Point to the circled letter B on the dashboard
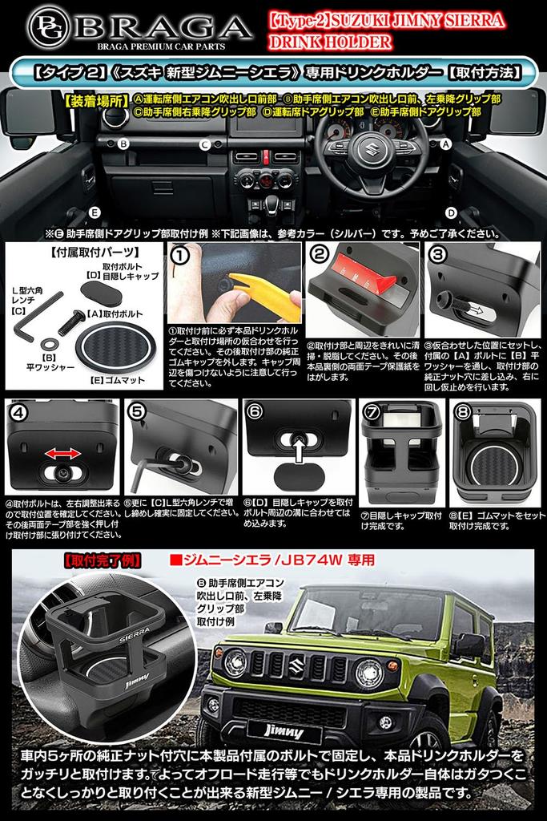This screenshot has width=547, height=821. pyautogui.click(x=123, y=144)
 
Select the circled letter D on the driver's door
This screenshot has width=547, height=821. pyautogui.click(x=451, y=212)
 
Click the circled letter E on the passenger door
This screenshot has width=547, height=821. pyautogui.click(x=95, y=212)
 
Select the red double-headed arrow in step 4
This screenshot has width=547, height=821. pyautogui.click(x=62, y=454)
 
